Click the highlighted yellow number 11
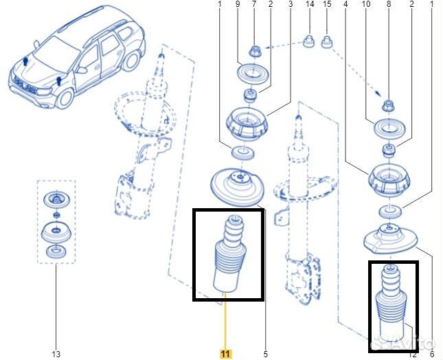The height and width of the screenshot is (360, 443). (225, 354)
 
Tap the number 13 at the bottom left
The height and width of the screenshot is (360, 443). (56, 355)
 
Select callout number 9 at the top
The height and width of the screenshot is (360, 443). (238, 5)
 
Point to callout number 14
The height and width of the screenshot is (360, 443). (310, 5)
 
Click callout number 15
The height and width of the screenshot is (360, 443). (327, 5)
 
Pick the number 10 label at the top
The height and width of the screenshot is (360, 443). (366, 5)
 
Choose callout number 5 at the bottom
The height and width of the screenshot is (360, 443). (266, 355)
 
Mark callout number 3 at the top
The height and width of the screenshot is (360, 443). (290, 5)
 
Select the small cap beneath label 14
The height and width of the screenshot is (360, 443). (309, 44)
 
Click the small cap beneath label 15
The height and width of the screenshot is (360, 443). (326, 45)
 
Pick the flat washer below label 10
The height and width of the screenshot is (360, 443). (387, 128)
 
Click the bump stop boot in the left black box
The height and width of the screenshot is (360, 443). (229, 257)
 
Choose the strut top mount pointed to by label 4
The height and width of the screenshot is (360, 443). (390, 181)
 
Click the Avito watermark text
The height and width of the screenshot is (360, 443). (415, 341)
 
